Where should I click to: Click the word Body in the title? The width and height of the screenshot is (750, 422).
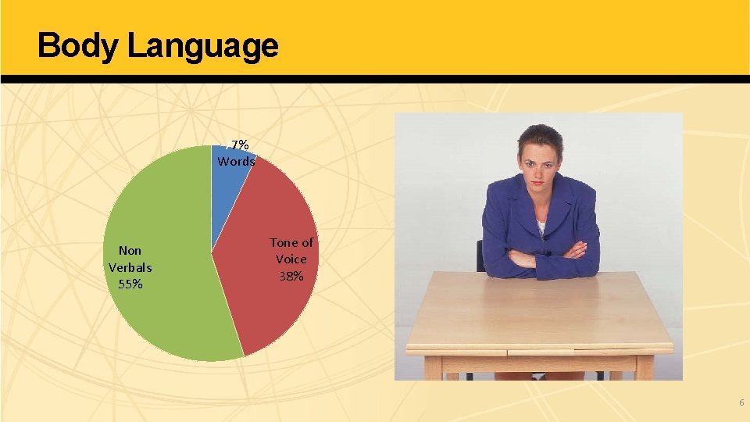(x=77, y=45)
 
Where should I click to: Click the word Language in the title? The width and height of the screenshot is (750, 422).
(x=202, y=47)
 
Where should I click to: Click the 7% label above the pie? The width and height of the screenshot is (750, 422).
(x=239, y=145)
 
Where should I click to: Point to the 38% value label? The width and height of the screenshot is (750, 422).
(x=291, y=276)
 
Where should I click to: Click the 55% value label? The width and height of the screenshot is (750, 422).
(x=130, y=284)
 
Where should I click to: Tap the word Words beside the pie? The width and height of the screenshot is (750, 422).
(x=236, y=162)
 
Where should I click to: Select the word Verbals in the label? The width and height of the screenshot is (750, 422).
(x=130, y=267)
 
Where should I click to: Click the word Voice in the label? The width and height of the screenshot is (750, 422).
(x=291, y=259)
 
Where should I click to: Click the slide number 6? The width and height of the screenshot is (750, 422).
(x=741, y=402)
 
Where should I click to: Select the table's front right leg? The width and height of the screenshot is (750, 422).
(x=645, y=368)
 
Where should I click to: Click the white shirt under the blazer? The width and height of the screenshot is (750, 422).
(x=541, y=229)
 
